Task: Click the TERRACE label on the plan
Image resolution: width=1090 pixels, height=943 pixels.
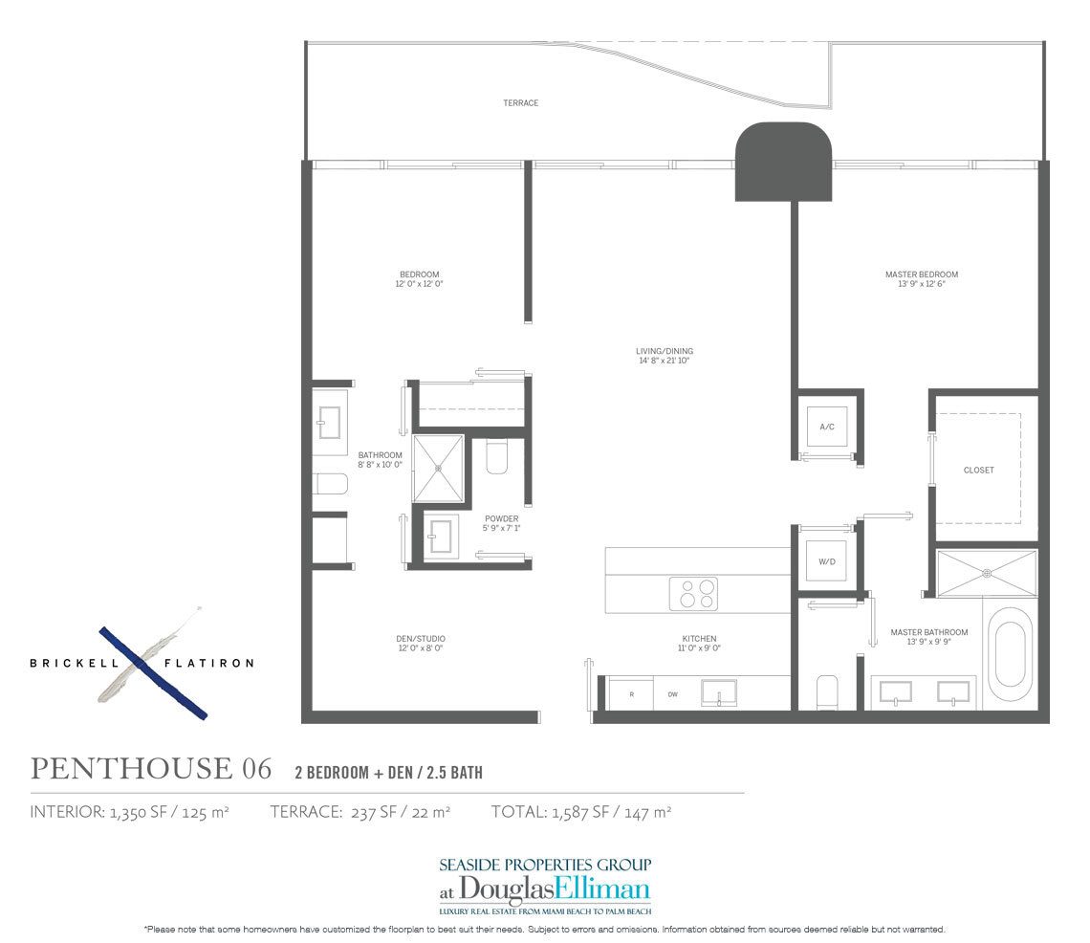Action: pyautogui.click(x=520, y=102)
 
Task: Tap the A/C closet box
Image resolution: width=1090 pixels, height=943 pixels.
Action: pyautogui.click(x=827, y=426)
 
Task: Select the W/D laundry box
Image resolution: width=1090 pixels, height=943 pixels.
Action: pyautogui.click(x=827, y=561)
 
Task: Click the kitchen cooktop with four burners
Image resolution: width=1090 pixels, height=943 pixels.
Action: pyautogui.click(x=693, y=594)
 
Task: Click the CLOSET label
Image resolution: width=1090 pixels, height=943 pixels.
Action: pyautogui.click(x=978, y=470)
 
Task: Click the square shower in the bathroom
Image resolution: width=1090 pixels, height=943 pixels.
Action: pyautogui.click(x=439, y=468)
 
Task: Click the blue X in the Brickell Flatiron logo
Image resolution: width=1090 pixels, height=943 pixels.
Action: pyautogui.click(x=152, y=670)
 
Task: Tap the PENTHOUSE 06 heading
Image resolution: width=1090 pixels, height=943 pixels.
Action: pyautogui.click(x=151, y=768)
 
